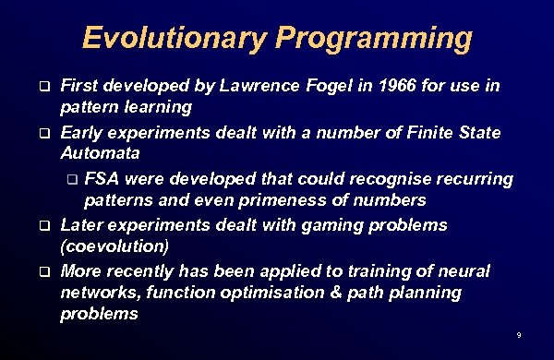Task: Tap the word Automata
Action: click(101, 153)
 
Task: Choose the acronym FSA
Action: click(102, 177)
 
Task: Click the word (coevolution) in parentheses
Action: click(114, 247)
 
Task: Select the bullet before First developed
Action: click(42, 88)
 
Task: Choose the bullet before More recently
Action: click(42, 271)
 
